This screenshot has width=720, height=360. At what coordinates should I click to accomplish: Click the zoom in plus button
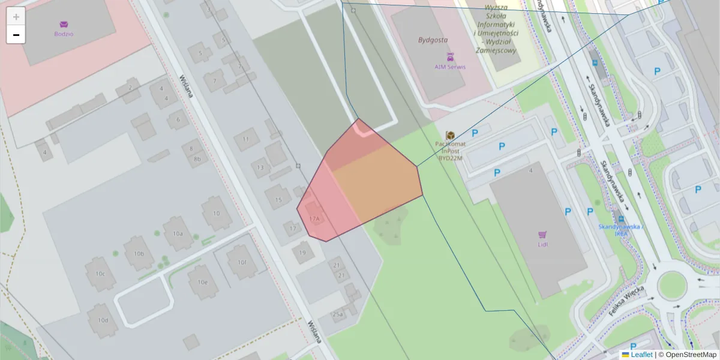[x=16, y=17]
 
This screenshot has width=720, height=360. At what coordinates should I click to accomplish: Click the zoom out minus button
[x=16, y=35]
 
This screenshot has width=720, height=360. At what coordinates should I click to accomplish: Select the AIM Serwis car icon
[x=450, y=56]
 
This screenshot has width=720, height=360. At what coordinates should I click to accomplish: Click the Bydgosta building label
[x=433, y=40]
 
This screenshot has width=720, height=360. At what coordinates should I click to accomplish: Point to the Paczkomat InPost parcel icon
[x=449, y=136]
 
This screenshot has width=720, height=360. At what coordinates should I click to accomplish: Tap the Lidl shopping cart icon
[x=542, y=235]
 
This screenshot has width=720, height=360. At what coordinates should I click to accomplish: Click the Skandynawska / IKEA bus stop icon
[x=620, y=220]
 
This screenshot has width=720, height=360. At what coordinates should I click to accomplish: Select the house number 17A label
[x=314, y=219]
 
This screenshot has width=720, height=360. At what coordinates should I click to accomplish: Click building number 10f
[x=242, y=262]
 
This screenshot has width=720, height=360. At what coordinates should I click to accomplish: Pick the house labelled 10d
[x=103, y=320]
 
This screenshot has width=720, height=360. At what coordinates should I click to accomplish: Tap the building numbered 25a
[x=338, y=314]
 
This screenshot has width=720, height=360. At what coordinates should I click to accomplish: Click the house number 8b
[x=197, y=159]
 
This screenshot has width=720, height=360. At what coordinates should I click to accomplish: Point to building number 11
[x=245, y=139]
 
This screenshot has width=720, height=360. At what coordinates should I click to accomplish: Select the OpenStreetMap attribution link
[x=690, y=355]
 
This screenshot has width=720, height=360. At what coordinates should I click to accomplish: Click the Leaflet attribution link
[x=641, y=355]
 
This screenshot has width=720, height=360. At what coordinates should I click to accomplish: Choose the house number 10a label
[x=177, y=233]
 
